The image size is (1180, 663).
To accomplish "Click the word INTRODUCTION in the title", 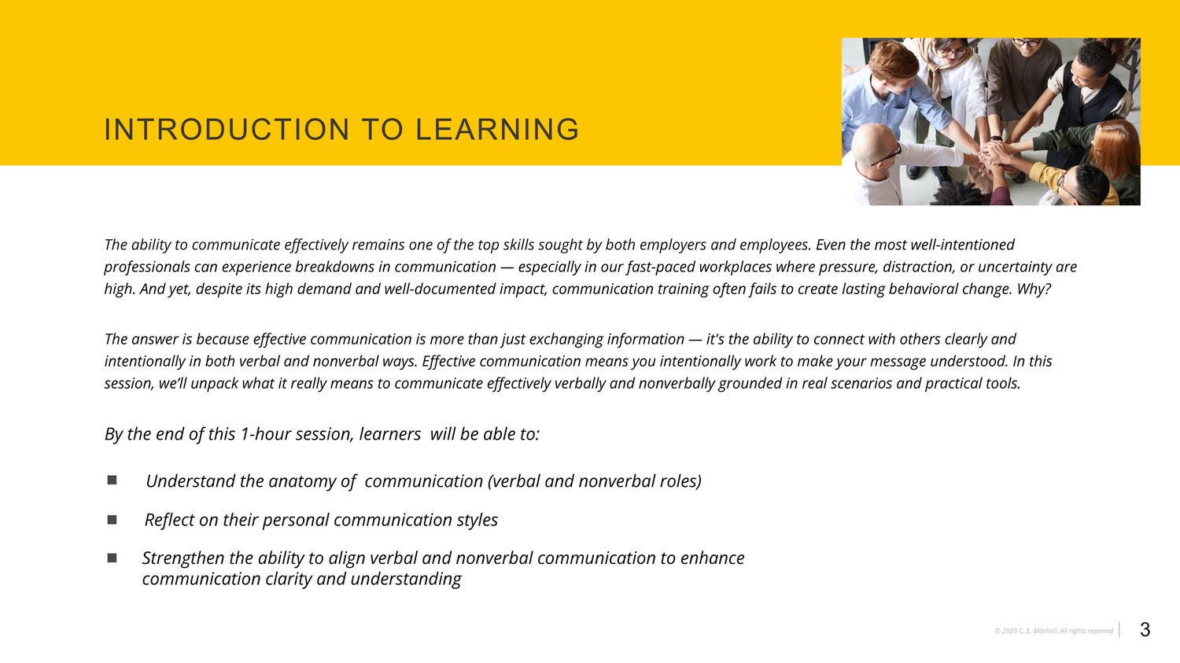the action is [x=227, y=130].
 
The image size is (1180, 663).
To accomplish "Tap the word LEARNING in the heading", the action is [x=497, y=130].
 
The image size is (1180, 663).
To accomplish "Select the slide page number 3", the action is [x=1145, y=630].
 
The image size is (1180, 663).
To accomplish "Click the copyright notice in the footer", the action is [x=1053, y=631].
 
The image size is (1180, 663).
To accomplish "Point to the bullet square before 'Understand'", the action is [x=112, y=480].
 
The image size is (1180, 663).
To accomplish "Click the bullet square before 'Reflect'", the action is [x=112, y=520].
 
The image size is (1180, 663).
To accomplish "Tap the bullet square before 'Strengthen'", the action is [x=112, y=558].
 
